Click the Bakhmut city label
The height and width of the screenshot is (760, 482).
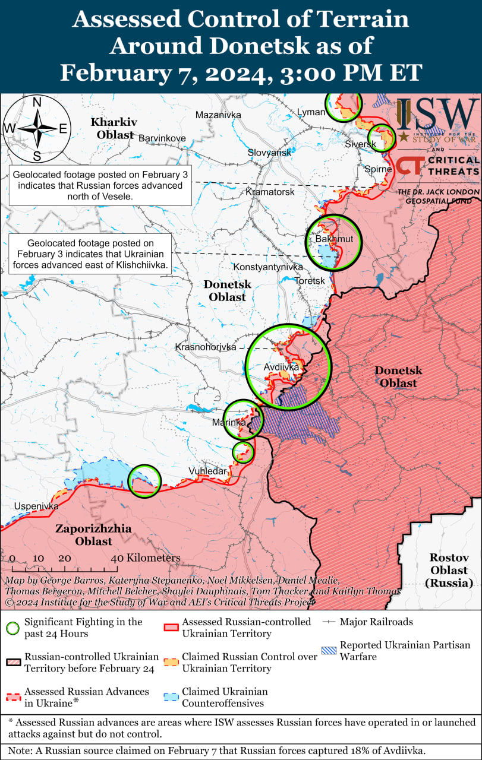click(x=334, y=239)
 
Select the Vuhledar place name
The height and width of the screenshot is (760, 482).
click(x=207, y=471)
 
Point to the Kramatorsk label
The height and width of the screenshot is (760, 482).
click(x=270, y=192)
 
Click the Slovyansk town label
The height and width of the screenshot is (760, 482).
click(x=270, y=153)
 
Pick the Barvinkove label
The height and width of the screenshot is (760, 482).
click(x=162, y=138)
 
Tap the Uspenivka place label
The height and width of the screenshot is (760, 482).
click(x=37, y=506)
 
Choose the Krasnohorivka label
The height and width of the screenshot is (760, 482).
click(x=205, y=347)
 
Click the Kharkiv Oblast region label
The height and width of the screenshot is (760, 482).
click(x=115, y=128)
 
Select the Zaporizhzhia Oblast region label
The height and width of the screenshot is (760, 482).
click(x=94, y=534)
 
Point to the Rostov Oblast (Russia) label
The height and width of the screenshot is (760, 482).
click(x=449, y=570)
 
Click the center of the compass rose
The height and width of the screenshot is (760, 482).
click(x=37, y=128)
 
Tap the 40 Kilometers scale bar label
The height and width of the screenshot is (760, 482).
click(x=145, y=558)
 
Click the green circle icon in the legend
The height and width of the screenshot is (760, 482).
click(x=13, y=628)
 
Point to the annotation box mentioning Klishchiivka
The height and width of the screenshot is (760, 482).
click(x=90, y=254)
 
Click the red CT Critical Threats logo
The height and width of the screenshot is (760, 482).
click(x=410, y=166)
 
